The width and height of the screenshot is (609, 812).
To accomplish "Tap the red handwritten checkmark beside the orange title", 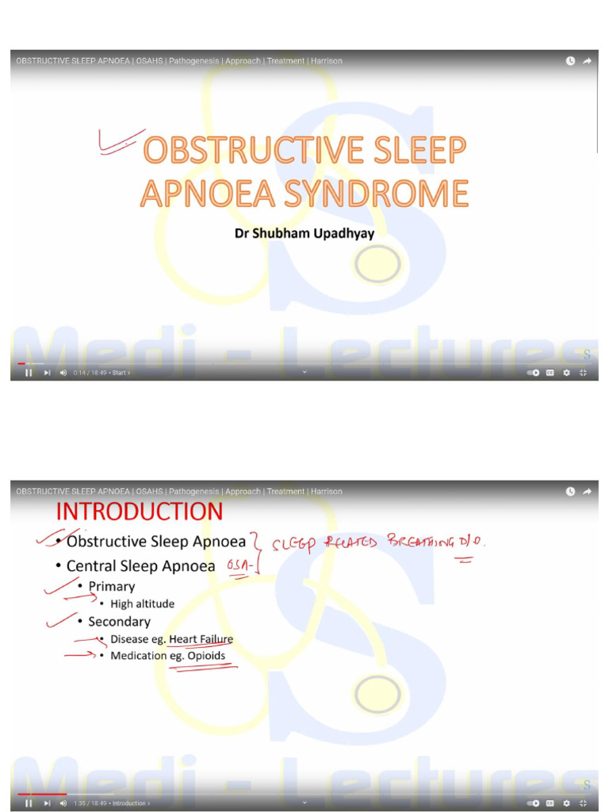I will pyautogui.click(x=119, y=140).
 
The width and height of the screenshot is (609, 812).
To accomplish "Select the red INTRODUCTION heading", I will pyautogui.click(x=139, y=511).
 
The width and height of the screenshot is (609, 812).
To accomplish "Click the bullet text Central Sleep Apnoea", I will pyautogui.click(x=140, y=566).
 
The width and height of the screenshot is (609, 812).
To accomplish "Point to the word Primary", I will pyautogui.click(x=111, y=587).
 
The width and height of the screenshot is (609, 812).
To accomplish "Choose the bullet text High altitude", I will pyautogui.click(x=142, y=604).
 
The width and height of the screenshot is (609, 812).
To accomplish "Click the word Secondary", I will pyautogui.click(x=119, y=622).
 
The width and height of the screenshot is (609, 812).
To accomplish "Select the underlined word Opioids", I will pyautogui.click(x=206, y=656).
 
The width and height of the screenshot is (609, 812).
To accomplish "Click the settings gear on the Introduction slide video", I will pyautogui.click(x=566, y=803).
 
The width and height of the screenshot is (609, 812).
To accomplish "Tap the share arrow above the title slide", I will pyautogui.click(x=588, y=61).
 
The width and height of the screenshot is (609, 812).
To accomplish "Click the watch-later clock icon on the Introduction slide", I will pyautogui.click(x=570, y=492).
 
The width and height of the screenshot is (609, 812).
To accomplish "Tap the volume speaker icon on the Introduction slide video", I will pyautogui.click(x=63, y=803).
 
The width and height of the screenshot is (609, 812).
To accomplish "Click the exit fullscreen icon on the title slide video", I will pyautogui.click(x=583, y=373).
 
